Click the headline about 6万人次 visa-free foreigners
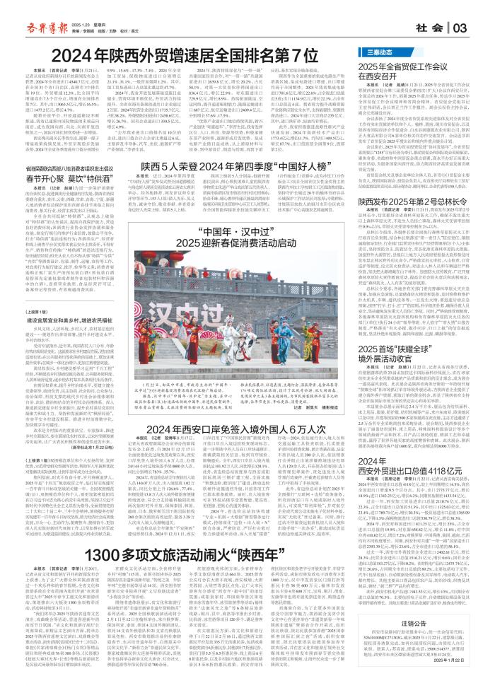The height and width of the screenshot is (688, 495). [x=241, y=447]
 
